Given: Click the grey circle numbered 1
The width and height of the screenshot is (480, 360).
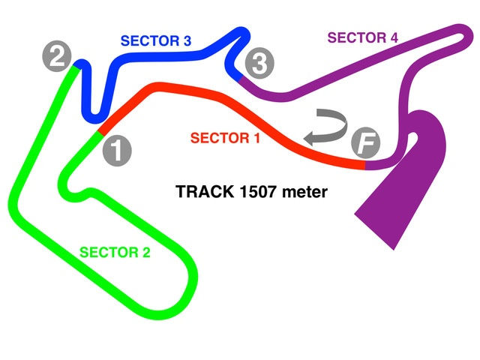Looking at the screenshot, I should [x=116, y=150].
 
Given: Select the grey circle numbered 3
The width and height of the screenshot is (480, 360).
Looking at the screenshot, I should [x=258, y=64].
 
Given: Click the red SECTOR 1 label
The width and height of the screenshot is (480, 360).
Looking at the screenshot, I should [x=226, y=138].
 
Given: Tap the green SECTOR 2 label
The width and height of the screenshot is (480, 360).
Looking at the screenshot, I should [x=115, y=252].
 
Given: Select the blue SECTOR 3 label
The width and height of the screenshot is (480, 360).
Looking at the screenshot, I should [x=155, y=42].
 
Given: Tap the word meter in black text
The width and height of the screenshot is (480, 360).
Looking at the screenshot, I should [x=307, y=192].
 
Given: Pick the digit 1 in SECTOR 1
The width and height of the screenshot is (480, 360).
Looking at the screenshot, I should [x=256, y=138].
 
